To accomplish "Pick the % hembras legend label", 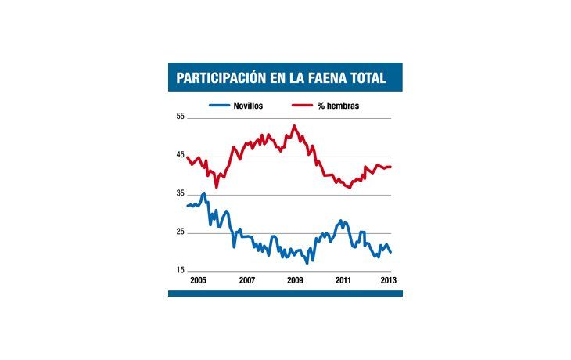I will pyautogui.click(x=338, y=106).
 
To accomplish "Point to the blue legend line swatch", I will pyautogui.click(x=219, y=106).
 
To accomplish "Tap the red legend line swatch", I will pyautogui.click(x=302, y=106).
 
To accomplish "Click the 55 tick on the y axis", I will pyautogui.click(x=180, y=117).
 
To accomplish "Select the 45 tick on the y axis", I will pyautogui.click(x=180, y=155).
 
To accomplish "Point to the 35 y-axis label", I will pyautogui.click(x=180, y=193).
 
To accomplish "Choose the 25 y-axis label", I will pyautogui.click(x=180, y=232).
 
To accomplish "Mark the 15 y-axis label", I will pyautogui.click(x=180, y=270).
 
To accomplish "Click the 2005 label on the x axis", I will pyautogui.click(x=199, y=279).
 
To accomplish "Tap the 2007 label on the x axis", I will pyautogui.click(x=246, y=279).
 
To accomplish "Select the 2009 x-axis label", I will pyautogui.click(x=295, y=279).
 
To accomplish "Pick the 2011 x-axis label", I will pyautogui.click(x=343, y=279).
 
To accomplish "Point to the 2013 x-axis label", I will pyautogui.click(x=389, y=279).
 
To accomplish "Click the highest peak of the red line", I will pyautogui.click(x=294, y=125).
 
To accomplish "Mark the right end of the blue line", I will pyautogui.click(x=391, y=252).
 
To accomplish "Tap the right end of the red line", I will pyautogui.click(x=391, y=166).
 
